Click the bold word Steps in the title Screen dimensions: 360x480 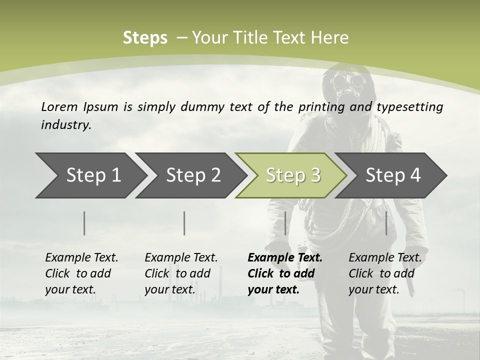(145, 38)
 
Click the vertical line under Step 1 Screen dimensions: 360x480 (84, 223)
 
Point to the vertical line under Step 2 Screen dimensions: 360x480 (184, 223)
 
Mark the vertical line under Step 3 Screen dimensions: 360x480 (285, 223)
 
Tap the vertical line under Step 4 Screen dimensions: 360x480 (386, 223)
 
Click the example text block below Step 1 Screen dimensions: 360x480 (81, 273)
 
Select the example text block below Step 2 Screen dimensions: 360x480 (181, 273)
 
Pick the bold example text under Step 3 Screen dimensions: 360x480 (285, 273)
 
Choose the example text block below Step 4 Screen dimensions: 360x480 (385, 273)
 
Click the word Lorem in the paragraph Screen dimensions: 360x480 (59, 106)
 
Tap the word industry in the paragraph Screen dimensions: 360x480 (66, 125)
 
